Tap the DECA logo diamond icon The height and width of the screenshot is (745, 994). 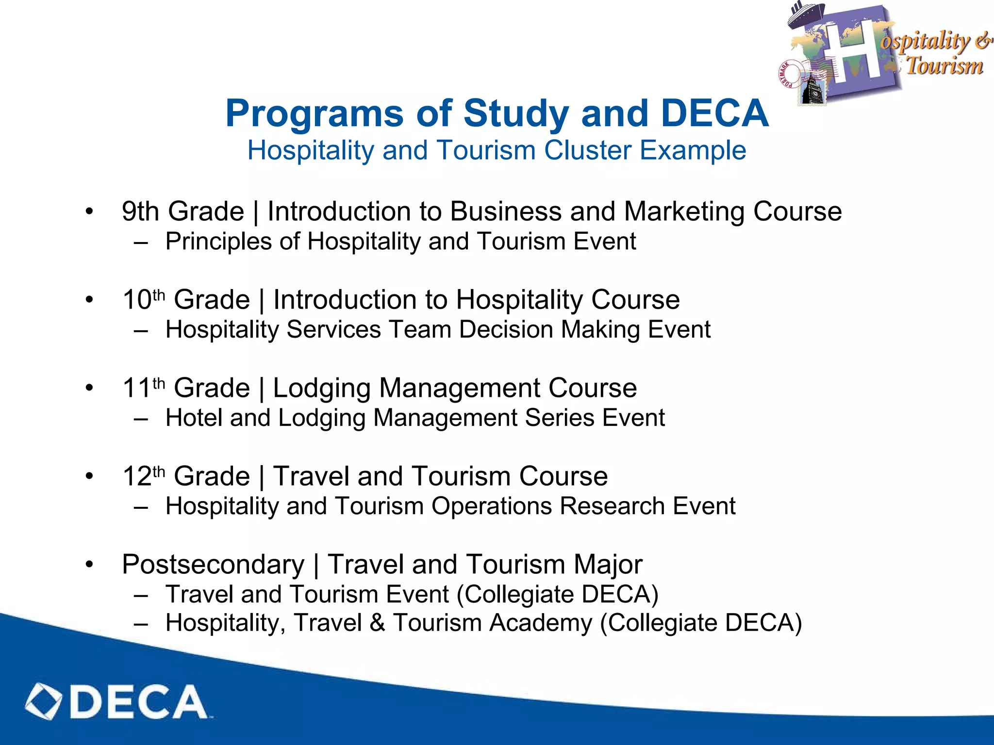(x=44, y=701)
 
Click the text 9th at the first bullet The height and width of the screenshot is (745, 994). (x=140, y=212)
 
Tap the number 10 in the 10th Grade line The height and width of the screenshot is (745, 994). (x=137, y=300)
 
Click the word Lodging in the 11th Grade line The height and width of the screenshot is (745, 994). (x=322, y=389)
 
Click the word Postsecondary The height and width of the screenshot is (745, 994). (x=213, y=565)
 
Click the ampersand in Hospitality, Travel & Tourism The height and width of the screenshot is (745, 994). (x=377, y=623)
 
